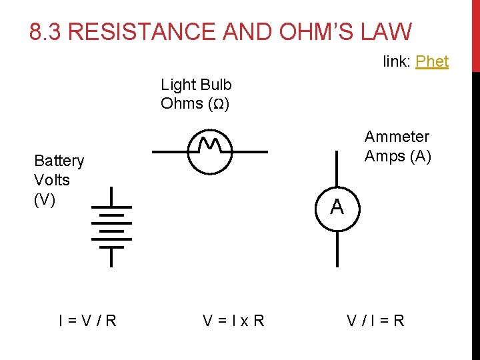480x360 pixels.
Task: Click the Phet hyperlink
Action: tap(432, 61)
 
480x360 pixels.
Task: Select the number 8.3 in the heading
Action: tap(46, 31)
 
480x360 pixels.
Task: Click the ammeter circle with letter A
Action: tap(337, 208)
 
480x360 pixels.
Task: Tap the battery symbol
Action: tap(111, 227)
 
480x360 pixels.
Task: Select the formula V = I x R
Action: tap(233, 321)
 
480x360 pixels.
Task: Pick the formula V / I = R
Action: tap(375, 321)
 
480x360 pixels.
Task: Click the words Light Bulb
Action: tap(196, 85)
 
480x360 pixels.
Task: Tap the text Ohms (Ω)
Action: tap(195, 103)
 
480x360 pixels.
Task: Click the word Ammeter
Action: tap(397, 137)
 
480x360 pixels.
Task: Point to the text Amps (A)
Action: tap(398, 156)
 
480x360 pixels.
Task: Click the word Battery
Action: tap(59, 161)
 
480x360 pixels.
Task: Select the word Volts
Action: tap(52, 180)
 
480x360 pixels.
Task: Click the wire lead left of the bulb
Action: tap(171, 152)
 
